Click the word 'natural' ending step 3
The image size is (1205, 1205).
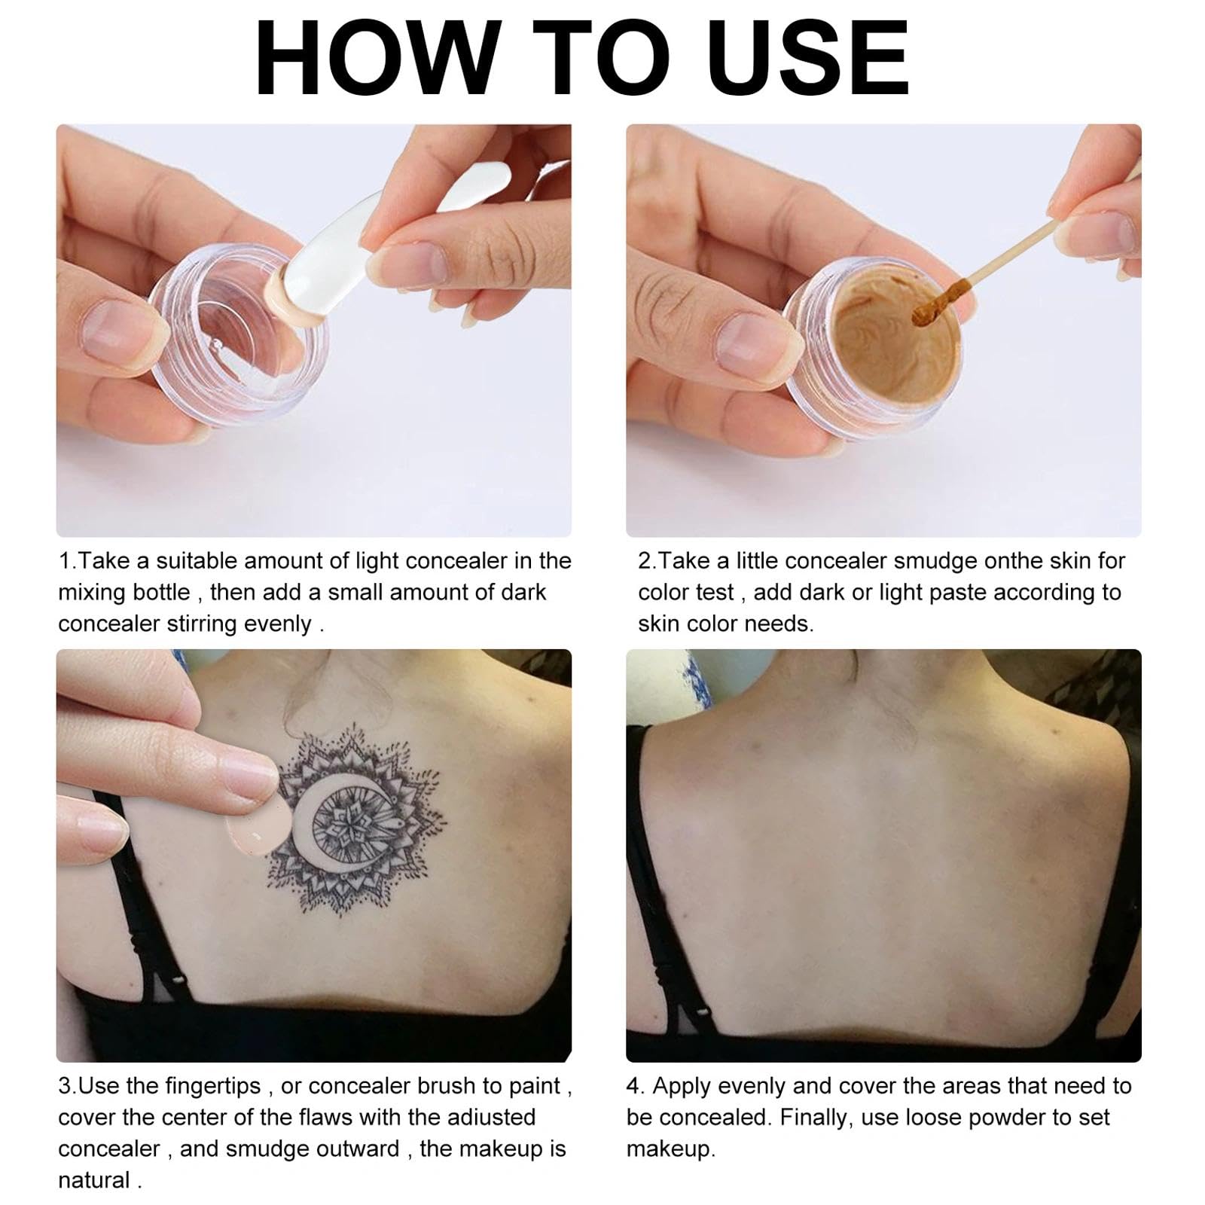click(94, 1180)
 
